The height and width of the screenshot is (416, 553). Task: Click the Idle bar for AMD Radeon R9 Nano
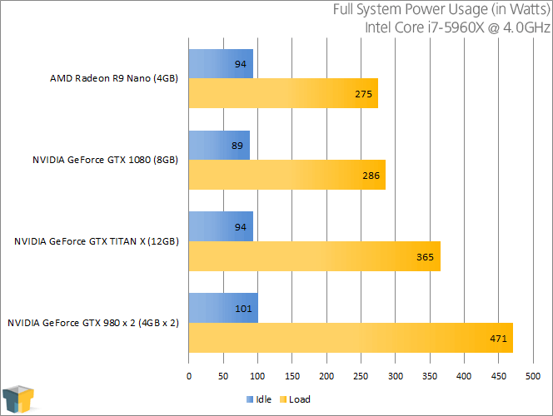(221, 63)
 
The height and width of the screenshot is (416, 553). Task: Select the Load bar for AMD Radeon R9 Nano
(283, 93)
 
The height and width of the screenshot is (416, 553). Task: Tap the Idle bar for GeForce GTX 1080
(219, 145)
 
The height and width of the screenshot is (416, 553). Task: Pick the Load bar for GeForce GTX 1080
(287, 175)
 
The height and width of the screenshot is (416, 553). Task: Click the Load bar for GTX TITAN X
(315, 256)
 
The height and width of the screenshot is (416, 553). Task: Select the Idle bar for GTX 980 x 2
(223, 308)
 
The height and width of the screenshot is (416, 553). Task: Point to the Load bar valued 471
(351, 338)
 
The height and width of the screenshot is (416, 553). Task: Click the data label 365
(425, 257)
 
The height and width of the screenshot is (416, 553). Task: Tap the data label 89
(237, 146)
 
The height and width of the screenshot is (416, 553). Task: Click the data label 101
(244, 309)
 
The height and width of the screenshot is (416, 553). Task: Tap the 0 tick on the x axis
(189, 377)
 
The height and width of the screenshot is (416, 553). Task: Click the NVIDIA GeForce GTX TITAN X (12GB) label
(96, 241)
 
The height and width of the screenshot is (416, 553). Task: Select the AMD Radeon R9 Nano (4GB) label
(114, 80)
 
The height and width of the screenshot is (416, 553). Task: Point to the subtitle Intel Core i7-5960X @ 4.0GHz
(457, 27)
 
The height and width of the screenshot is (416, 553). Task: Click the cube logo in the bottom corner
(18, 398)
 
